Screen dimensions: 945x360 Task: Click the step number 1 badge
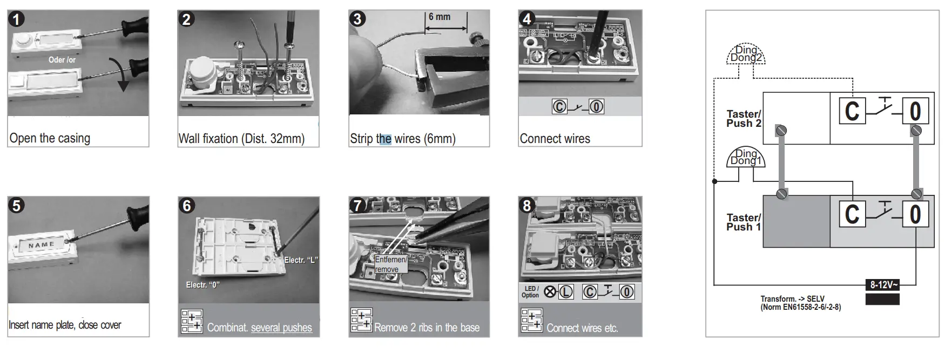click(17, 19)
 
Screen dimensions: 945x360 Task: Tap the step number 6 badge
click(187, 206)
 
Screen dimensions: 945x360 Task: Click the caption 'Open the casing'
click(50, 138)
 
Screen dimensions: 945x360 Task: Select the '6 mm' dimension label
click(440, 17)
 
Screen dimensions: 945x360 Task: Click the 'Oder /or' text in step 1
click(62, 60)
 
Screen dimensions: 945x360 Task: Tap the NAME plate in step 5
click(42, 245)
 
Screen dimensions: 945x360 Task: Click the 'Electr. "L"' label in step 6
click(301, 260)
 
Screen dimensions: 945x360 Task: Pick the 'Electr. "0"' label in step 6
click(202, 285)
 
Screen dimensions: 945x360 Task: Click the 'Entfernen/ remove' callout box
click(391, 264)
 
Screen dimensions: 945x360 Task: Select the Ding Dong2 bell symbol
click(745, 54)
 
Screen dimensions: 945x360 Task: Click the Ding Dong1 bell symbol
click(745, 157)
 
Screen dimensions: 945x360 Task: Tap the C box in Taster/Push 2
click(852, 112)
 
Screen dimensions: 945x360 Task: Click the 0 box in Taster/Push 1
click(915, 214)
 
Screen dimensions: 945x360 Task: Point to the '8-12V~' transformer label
click(882, 284)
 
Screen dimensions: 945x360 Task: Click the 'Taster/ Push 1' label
click(744, 222)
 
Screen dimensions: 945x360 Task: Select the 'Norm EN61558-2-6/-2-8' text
click(800, 307)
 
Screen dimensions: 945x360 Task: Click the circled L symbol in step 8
click(565, 292)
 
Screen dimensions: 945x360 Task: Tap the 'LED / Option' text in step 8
click(530, 292)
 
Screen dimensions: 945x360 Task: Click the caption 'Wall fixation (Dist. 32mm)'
click(241, 139)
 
